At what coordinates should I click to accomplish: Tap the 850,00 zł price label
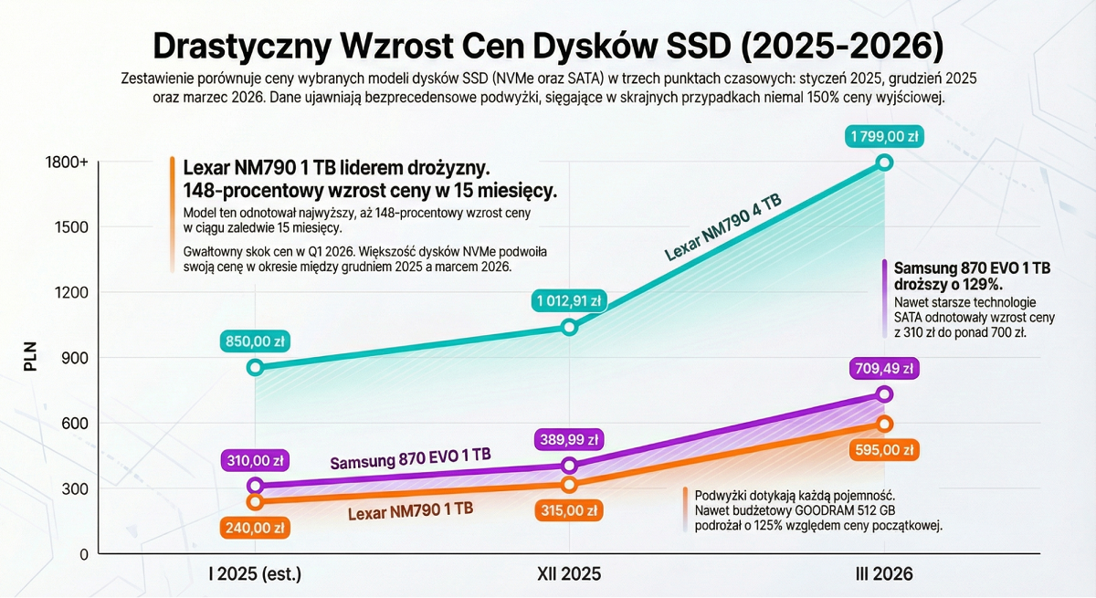click(x=256, y=342)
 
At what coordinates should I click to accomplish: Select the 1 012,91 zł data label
click(x=569, y=301)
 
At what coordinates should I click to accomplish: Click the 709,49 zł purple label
click(x=884, y=369)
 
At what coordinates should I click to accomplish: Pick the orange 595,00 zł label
click(x=884, y=449)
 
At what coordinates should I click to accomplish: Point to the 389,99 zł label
click(x=569, y=440)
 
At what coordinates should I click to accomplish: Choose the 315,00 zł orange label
click(x=569, y=510)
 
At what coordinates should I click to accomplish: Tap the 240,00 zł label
click(x=256, y=527)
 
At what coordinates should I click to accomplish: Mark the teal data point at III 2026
click(x=884, y=163)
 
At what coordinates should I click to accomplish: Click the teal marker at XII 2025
click(x=569, y=327)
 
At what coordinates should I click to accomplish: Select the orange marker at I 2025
click(x=256, y=501)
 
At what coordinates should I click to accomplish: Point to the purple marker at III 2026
click(x=884, y=394)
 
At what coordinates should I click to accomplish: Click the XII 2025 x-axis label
click(x=569, y=574)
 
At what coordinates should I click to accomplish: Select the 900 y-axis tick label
click(x=73, y=358)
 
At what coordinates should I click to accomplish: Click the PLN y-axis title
click(x=30, y=358)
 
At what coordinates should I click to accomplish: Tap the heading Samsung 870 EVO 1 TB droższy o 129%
click(x=972, y=276)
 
